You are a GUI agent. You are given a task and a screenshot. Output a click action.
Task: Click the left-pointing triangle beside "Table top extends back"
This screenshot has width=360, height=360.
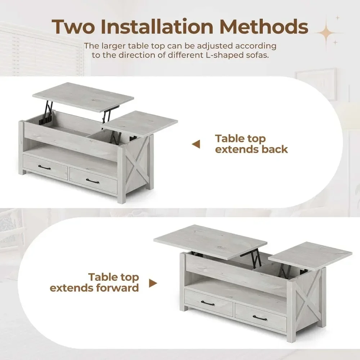pyautogui.click(x=196, y=144)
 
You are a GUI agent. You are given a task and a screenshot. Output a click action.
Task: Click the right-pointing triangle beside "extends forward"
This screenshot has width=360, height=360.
pyautogui.click(x=153, y=283)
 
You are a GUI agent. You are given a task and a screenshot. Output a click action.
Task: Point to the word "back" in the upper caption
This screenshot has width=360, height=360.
pyautogui.click(x=275, y=149)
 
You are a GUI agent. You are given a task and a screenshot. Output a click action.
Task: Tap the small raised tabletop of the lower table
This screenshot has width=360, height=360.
pyautogui.click(x=310, y=254)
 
